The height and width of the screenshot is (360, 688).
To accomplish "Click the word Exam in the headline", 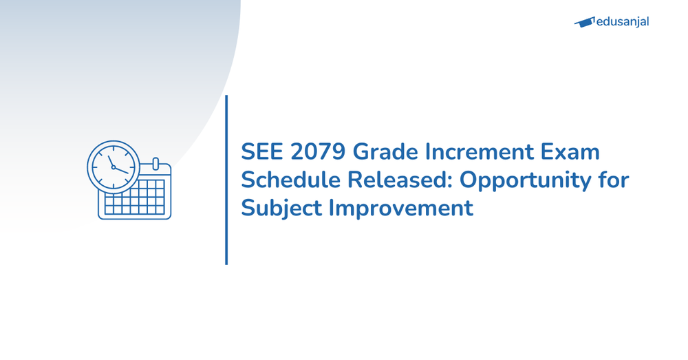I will [570, 152].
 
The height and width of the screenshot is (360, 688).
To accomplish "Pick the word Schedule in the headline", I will [291, 180].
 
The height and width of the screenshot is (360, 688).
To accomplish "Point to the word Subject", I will [281, 208].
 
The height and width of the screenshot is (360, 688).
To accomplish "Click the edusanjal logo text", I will [623, 21].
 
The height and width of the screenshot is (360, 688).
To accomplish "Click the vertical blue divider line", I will [226, 180].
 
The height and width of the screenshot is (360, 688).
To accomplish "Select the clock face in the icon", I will [113, 167].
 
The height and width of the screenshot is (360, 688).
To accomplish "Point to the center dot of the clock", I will [114, 167].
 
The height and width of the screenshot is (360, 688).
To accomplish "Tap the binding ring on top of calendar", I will [155, 164].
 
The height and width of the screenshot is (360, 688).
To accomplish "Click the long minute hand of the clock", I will [110, 160].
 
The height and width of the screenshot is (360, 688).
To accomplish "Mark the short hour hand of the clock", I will [121, 170].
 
